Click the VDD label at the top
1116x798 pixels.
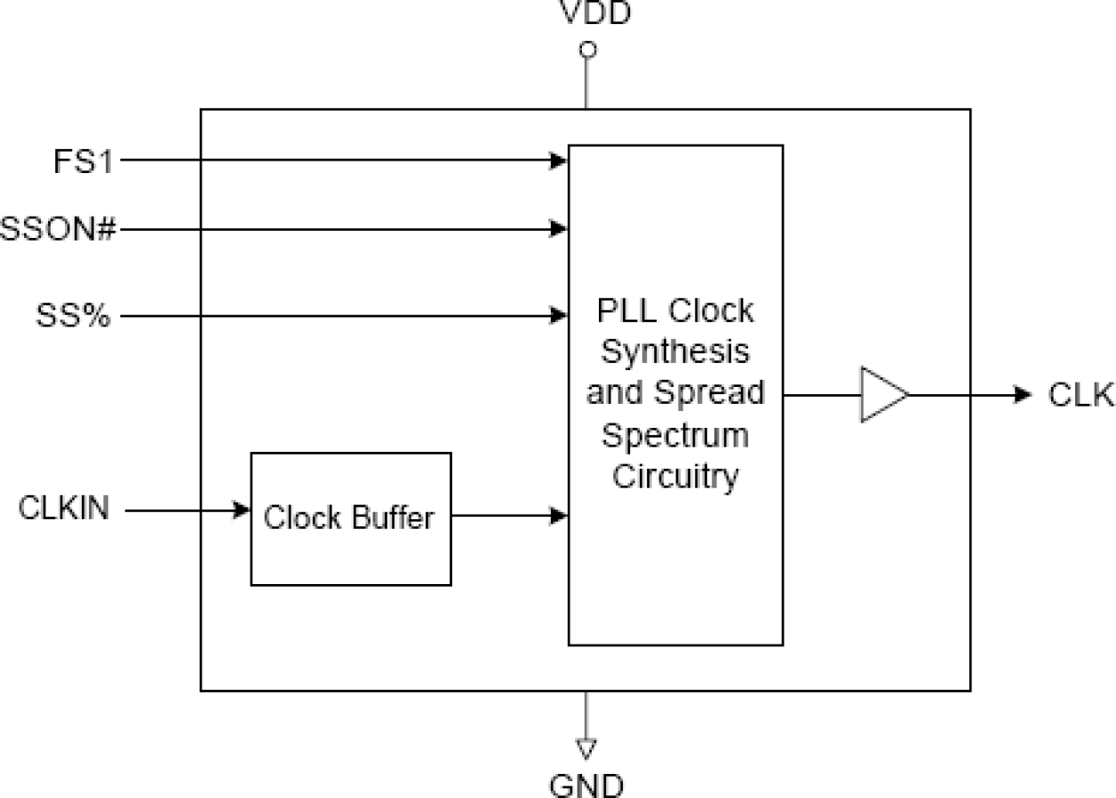click(x=595, y=13)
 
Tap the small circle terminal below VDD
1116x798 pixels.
click(x=586, y=50)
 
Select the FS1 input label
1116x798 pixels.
click(x=83, y=162)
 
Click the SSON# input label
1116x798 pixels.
click(x=59, y=230)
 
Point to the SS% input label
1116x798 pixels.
click(x=74, y=315)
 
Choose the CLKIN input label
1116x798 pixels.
click(x=65, y=510)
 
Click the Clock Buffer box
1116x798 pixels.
click(x=350, y=518)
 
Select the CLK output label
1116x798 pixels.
click(x=1080, y=395)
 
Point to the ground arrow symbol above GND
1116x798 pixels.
click(x=586, y=748)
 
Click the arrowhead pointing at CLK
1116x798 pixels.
click(x=1022, y=394)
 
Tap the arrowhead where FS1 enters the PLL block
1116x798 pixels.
click(x=559, y=161)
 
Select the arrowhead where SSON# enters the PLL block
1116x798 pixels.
click(x=559, y=229)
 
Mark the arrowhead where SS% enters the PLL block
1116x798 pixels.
click(x=559, y=314)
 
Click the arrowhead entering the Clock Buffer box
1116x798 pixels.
click(x=241, y=510)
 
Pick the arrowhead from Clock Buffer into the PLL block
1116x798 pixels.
click(x=559, y=515)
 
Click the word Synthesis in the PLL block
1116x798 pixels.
click(x=675, y=352)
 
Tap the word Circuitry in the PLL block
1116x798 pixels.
click(x=675, y=477)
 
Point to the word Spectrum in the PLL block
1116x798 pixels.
click(x=675, y=435)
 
